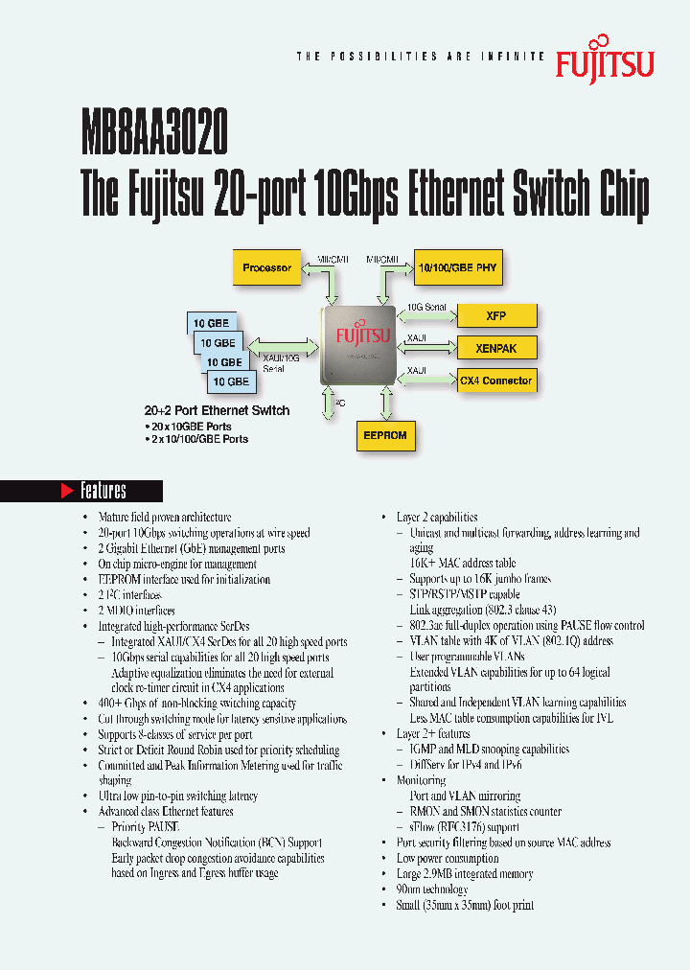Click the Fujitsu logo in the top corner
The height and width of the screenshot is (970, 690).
[605, 59]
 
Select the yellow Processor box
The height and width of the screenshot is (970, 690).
[266, 267]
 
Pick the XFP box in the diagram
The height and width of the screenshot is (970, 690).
[494, 315]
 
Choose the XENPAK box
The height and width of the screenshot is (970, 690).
[494, 348]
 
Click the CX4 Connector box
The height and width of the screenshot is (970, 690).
[494, 381]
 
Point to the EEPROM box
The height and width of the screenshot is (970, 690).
[385, 435]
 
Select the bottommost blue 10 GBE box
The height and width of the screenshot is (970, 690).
[231, 381]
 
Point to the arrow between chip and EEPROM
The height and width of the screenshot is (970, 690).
[385, 403]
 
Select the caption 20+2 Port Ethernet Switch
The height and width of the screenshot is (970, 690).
[217, 410]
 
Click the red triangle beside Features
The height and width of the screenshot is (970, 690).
[67, 491]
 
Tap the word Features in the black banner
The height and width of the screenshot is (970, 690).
[103, 491]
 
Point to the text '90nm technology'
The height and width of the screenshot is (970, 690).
[432, 889]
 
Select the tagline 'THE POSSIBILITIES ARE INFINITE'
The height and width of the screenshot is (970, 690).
[421, 58]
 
